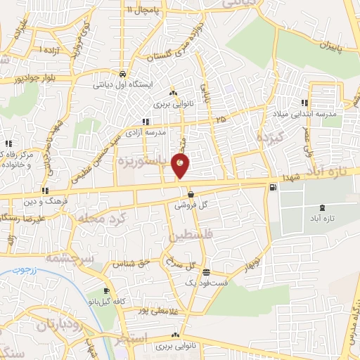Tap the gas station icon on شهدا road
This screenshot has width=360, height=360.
(x=272, y=187)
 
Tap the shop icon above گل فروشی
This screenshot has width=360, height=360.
(x=191, y=195)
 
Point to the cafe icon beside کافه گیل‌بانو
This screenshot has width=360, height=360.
(x=106, y=291)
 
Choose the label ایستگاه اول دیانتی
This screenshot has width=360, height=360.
(x=124, y=84)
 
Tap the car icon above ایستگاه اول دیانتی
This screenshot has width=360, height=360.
(x=123, y=74)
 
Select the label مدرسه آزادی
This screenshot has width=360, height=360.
(x=146, y=131)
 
